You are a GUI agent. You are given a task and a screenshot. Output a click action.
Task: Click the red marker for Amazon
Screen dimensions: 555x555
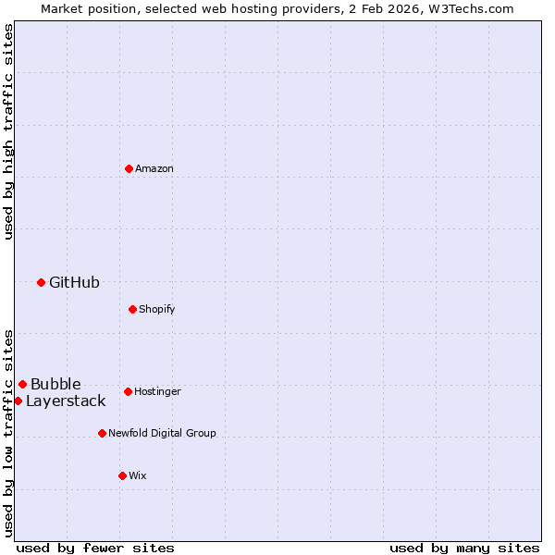tap(129, 168)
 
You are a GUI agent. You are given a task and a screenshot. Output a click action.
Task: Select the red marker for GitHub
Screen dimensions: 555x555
tap(41, 282)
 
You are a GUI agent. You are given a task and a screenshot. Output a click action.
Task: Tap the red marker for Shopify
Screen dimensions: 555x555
tap(132, 309)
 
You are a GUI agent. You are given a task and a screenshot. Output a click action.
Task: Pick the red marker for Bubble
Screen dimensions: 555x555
tap(22, 384)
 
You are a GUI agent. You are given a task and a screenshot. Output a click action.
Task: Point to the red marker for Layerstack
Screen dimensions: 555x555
tap(18, 401)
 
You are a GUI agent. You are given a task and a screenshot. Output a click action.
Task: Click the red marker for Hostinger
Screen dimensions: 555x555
tap(128, 391)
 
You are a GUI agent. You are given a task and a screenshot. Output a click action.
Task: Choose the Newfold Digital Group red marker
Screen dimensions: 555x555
tap(102, 433)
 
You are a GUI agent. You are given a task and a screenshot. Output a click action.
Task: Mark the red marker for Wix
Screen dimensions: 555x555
tap(122, 475)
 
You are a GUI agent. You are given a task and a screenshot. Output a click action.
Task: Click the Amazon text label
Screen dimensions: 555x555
tap(154, 168)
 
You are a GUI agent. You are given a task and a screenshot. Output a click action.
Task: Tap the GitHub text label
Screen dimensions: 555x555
tap(74, 282)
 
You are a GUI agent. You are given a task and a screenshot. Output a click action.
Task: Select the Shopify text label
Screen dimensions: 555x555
tap(157, 309)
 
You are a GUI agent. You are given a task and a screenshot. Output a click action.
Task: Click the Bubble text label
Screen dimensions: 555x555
tap(55, 384)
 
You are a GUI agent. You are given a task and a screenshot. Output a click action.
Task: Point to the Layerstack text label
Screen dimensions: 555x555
tap(66, 401)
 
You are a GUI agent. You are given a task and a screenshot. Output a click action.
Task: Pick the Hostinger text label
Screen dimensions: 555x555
tap(157, 391)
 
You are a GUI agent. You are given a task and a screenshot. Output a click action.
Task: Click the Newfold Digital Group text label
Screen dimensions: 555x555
tap(162, 433)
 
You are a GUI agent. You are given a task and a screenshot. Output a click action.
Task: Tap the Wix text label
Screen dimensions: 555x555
tap(138, 475)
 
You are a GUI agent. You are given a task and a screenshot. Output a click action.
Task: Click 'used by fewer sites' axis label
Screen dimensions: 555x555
tap(95, 548)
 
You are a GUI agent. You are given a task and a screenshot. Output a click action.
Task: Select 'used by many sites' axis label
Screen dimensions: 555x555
tap(464, 548)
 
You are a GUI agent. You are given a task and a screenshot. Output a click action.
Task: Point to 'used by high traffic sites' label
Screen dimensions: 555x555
tap(8, 131)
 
